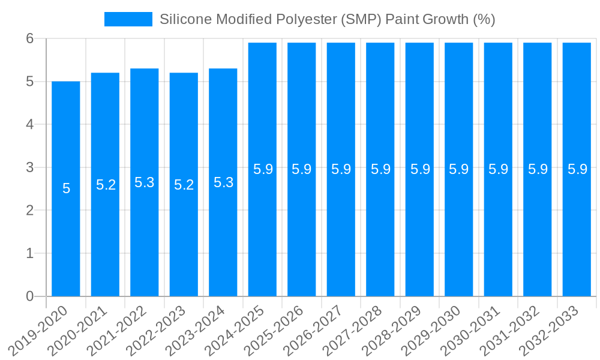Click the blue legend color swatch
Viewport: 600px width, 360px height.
(x=128, y=19)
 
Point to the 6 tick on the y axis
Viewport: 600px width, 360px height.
(x=31, y=38)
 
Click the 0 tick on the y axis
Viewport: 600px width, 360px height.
(x=31, y=296)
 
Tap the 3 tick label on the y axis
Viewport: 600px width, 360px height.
(x=31, y=167)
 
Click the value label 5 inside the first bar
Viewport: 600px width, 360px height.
(x=66, y=188)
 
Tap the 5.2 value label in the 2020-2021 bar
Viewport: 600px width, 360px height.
(x=106, y=185)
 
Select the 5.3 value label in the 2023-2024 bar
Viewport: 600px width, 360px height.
(x=223, y=182)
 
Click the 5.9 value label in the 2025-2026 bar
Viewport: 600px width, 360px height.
(x=302, y=169)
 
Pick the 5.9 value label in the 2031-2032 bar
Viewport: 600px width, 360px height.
(x=538, y=169)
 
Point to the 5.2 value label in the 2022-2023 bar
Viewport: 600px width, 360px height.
(x=184, y=185)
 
